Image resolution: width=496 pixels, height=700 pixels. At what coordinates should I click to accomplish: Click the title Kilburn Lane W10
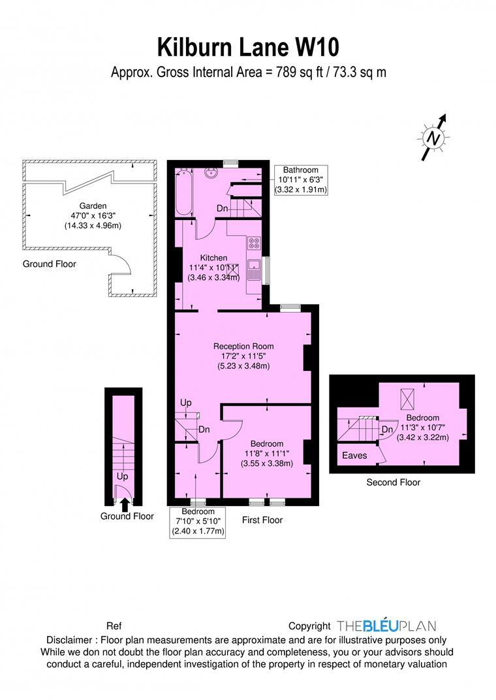point(248,48)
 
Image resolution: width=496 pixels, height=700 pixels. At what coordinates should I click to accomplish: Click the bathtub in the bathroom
point(183,192)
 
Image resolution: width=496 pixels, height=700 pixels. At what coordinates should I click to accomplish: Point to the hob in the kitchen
point(255,244)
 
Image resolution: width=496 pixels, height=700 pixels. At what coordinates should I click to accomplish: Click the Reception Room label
point(243,346)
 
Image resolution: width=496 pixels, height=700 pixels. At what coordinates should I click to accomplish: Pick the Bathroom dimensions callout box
point(300,180)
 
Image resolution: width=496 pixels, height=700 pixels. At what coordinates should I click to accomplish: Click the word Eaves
point(354,455)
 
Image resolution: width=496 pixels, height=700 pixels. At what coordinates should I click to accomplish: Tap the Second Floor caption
point(393,483)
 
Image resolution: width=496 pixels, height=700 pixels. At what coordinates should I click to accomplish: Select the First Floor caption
point(262,520)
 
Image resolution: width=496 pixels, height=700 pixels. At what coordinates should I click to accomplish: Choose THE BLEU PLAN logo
point(386,626)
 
